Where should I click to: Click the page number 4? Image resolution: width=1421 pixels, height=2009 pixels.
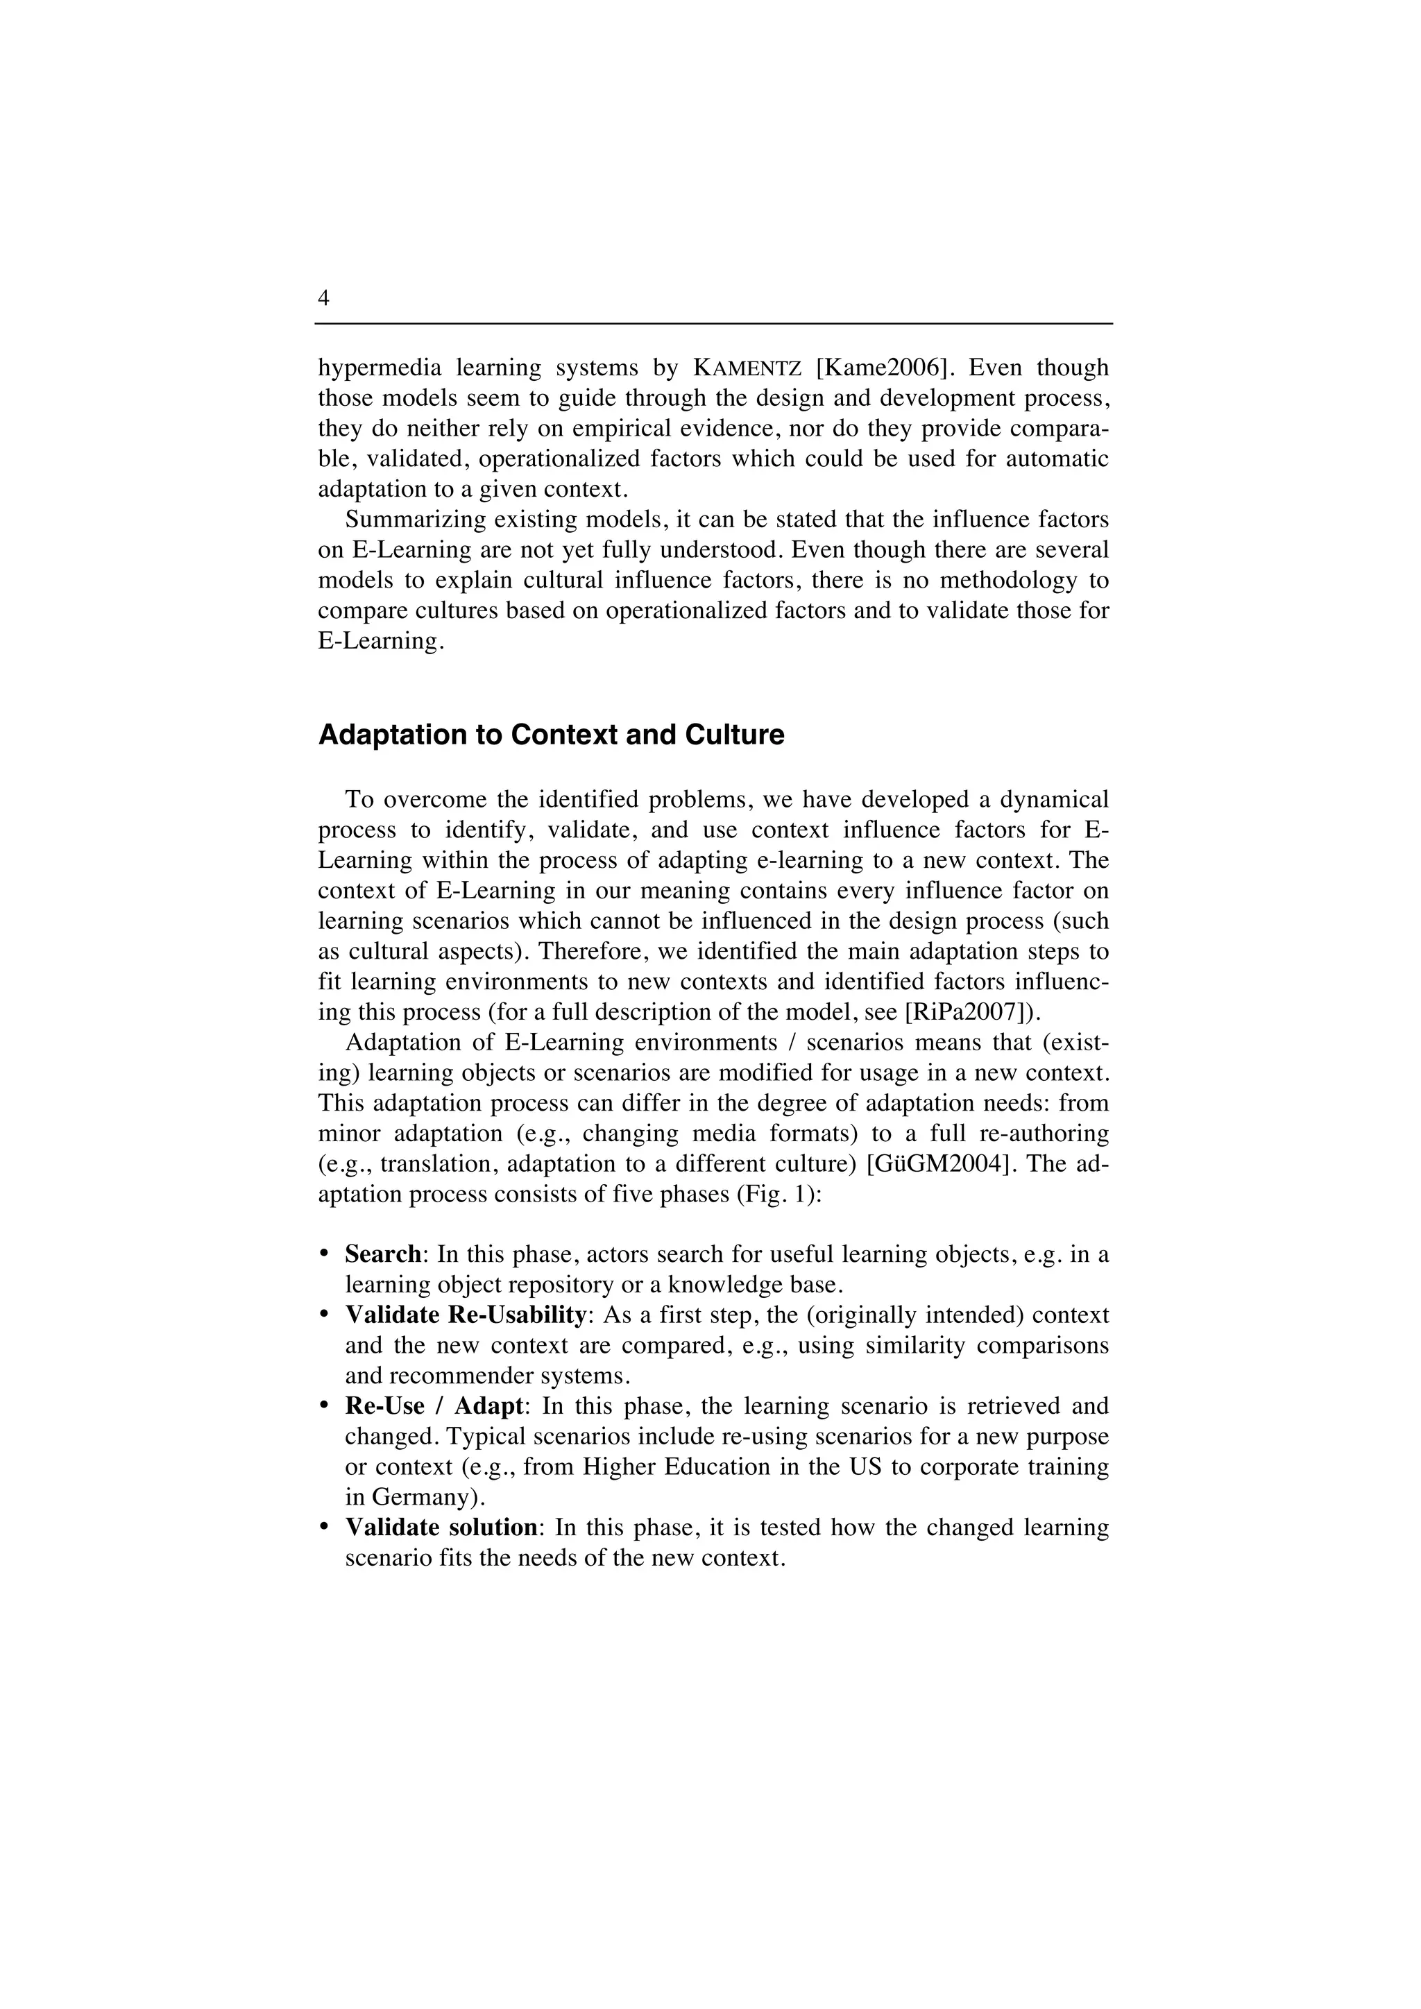[x=324, y=298]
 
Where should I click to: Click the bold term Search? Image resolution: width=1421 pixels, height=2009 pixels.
[x=383, y=1255]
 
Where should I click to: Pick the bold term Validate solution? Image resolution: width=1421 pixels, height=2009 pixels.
[x=440, y=1528]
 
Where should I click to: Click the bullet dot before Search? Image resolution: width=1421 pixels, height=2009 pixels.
[x=324, y=1255]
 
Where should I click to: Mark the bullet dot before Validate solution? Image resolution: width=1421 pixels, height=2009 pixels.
[x=324, y=1528]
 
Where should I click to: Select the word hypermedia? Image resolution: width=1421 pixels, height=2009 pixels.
[x=379, y=368]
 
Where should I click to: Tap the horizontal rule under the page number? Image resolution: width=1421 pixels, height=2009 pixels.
[x=713, y=324]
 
